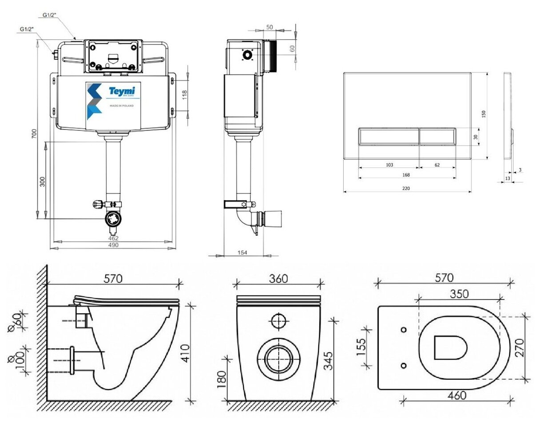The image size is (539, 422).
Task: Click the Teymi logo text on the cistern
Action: [x=122, y=91]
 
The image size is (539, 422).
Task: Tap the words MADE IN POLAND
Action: [x=121, y=106]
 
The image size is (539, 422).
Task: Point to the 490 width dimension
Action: [x=113, y=245]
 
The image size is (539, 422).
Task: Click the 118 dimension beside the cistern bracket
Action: [x=185, y=95]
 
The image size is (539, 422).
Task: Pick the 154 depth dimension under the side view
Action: [x=242, y=252]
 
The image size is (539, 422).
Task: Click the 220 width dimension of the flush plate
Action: [x=406, y=188]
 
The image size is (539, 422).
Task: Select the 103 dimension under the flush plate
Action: [x=389, y=165]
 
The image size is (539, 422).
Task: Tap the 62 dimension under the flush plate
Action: [x=437, y=165]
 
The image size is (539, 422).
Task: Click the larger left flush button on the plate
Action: [x=388, y=137]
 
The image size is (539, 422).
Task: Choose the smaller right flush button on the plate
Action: [x=437, y=137]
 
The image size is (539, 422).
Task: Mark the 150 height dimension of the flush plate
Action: [x=484, y=114]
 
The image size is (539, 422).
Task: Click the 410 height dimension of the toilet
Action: [x=185, y=353]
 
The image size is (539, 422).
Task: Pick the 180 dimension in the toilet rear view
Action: [x=223, y=379]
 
